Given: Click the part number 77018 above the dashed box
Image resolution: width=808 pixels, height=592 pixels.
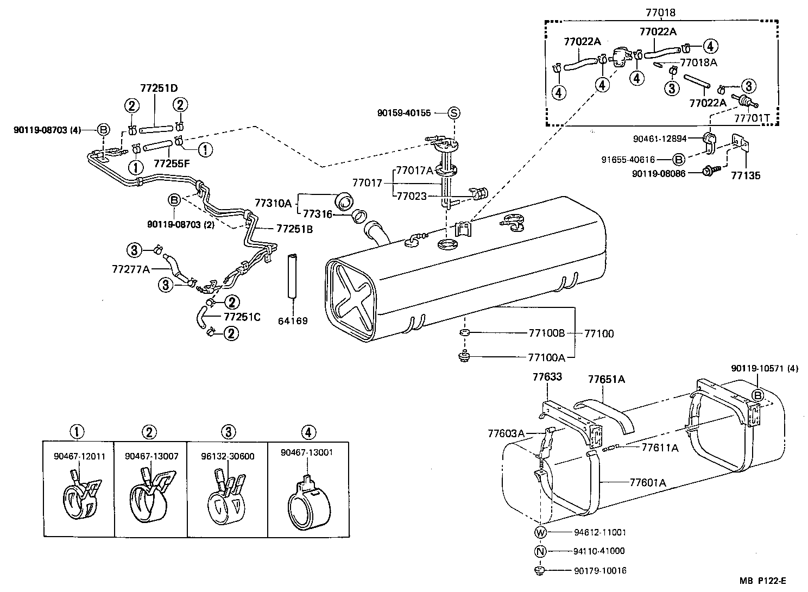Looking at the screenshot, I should click(661, 12).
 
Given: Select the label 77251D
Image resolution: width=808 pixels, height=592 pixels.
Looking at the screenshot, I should click(159, 88).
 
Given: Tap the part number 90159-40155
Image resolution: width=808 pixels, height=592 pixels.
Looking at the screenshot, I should click(403, 113).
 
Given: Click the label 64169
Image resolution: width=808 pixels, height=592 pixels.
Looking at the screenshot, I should click(293, 320).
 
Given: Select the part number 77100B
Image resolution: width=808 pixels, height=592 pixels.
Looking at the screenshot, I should click(546, 333).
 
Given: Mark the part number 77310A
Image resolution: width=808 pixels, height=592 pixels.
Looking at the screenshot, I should click(273, 204).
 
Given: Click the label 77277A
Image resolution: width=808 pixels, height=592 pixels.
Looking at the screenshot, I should click(130, 268).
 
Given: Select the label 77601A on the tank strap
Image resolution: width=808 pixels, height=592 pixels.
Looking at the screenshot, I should click(648, 482).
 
